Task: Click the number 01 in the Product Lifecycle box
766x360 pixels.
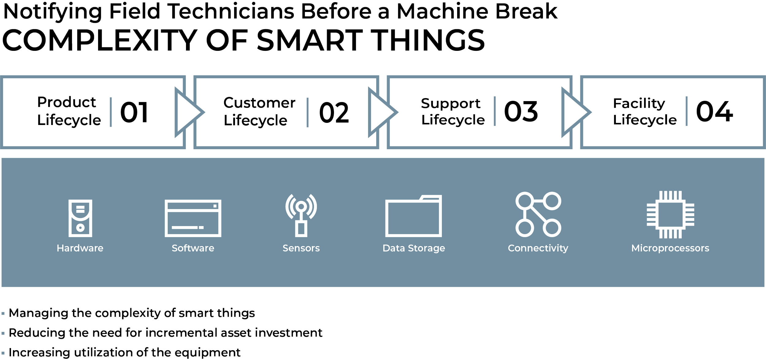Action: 134,112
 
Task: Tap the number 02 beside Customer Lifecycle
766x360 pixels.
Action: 334,112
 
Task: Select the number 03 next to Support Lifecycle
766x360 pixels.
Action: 521,112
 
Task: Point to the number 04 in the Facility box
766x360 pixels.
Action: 714,112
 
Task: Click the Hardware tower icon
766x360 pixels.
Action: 80,218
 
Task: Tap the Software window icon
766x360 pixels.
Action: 193,218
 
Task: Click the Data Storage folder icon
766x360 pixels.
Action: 413,216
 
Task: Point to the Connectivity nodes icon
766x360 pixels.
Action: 538,214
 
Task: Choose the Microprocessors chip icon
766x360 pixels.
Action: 670,214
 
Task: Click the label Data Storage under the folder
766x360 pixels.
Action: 414,248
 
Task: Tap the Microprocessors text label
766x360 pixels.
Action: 670,248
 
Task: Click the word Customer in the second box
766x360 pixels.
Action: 259,103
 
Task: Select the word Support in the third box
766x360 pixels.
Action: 450,104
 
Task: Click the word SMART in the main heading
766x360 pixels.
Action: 309,40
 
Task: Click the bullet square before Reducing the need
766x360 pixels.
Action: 3,333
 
